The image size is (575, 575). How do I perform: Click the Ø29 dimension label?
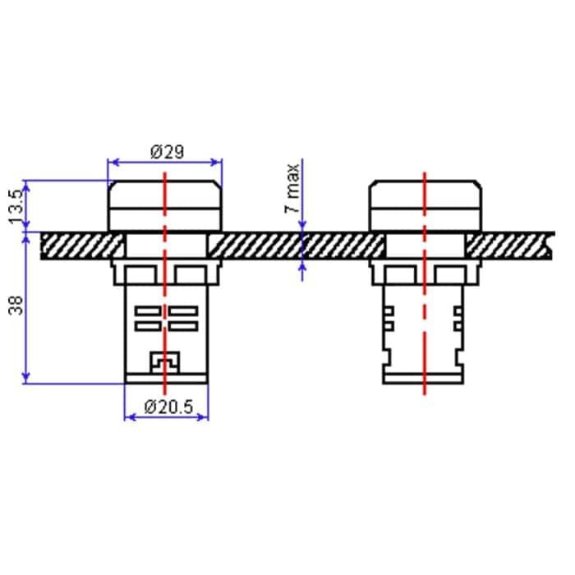point(168,152)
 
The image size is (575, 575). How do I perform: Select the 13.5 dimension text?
point(16,207)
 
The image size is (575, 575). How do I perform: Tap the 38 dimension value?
point(16,306)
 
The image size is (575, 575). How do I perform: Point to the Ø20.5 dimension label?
point(168,407)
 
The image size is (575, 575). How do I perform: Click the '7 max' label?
point(292,188)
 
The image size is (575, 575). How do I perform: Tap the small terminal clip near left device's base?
point(164,362)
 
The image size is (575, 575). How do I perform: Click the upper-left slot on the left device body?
point(148,311)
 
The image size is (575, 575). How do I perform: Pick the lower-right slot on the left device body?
point(183,326)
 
